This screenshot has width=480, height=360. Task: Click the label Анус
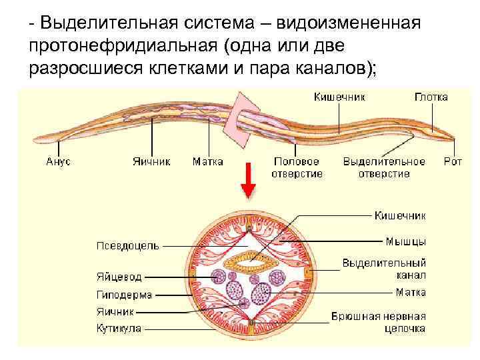(x=58, y=161)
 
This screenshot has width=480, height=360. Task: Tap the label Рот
(x=453, y=161)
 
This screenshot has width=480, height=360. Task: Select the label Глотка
(x=431, y=97)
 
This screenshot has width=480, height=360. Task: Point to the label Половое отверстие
(x=297, y=167)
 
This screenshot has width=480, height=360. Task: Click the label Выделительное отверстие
(x=384, y=167)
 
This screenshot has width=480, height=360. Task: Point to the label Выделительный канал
(x=385, y=269)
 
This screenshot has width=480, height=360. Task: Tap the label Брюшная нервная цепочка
(x=379, y=323)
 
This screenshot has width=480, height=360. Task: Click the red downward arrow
(x=248, y=181)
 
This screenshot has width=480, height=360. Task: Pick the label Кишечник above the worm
(x=339, y=97)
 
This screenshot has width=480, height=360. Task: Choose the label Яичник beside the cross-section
(x=115, y=311)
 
